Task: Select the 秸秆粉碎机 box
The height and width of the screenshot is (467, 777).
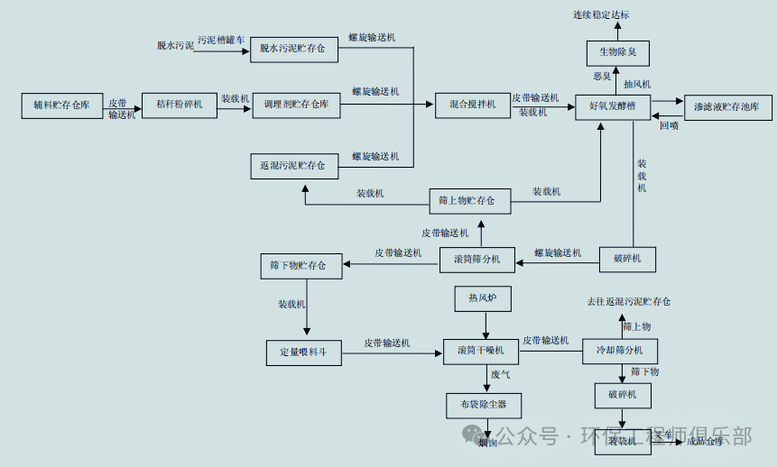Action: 180,105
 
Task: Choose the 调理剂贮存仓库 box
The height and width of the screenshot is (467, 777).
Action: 296,105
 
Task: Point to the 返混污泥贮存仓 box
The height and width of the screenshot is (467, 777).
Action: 292,166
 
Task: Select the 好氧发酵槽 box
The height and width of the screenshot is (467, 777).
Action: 614,106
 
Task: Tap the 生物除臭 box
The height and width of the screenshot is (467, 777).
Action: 618,53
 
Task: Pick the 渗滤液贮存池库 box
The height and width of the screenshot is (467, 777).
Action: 727,107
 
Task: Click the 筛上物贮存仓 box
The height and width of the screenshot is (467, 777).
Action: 468,200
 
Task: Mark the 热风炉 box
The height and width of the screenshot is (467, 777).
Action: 482,298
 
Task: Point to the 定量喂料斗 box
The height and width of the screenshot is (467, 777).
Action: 304,352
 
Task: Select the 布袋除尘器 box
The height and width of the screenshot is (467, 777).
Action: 483,405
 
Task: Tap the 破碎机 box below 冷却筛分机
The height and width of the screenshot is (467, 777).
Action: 623,395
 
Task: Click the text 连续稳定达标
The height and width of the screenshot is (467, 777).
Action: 601,15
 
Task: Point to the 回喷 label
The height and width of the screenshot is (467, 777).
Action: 669,126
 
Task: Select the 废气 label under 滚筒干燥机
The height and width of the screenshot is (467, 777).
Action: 501,374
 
